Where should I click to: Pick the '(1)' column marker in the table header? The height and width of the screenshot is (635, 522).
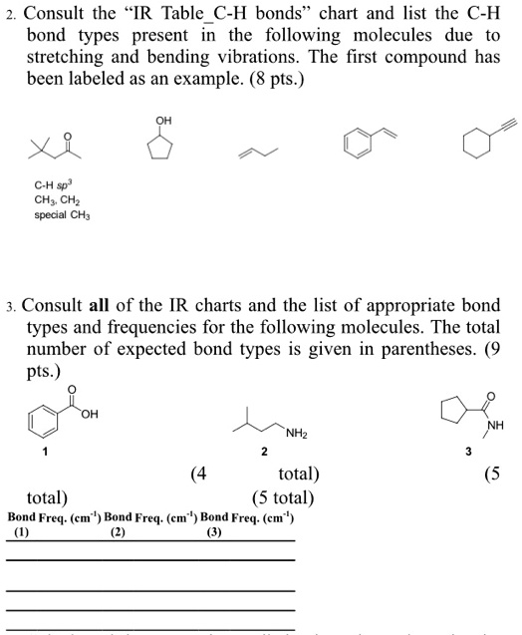click(22, 532)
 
